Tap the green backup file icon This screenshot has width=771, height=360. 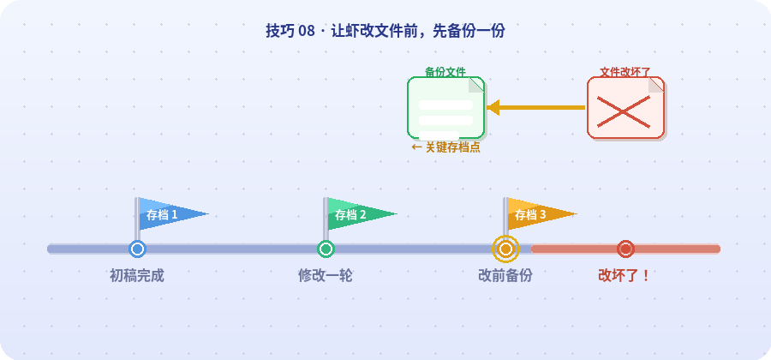[445, 108]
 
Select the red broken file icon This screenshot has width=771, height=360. [625, 108]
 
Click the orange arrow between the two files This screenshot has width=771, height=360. [535, 108]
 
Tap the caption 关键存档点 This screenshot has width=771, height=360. [445, 147]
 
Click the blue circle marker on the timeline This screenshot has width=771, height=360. [137, 249]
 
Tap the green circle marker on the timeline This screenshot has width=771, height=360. [326, 249]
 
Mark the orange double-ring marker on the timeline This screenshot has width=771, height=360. [505, 249]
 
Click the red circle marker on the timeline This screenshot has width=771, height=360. [625, 249]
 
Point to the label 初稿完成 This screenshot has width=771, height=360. [137, 276]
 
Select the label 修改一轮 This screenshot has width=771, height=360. [326, 276]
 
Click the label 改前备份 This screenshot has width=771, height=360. [505, 276]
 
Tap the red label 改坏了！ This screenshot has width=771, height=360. [625, 276]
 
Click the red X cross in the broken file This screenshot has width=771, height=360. [623, 112]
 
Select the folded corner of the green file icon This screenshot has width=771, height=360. [476, 85]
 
